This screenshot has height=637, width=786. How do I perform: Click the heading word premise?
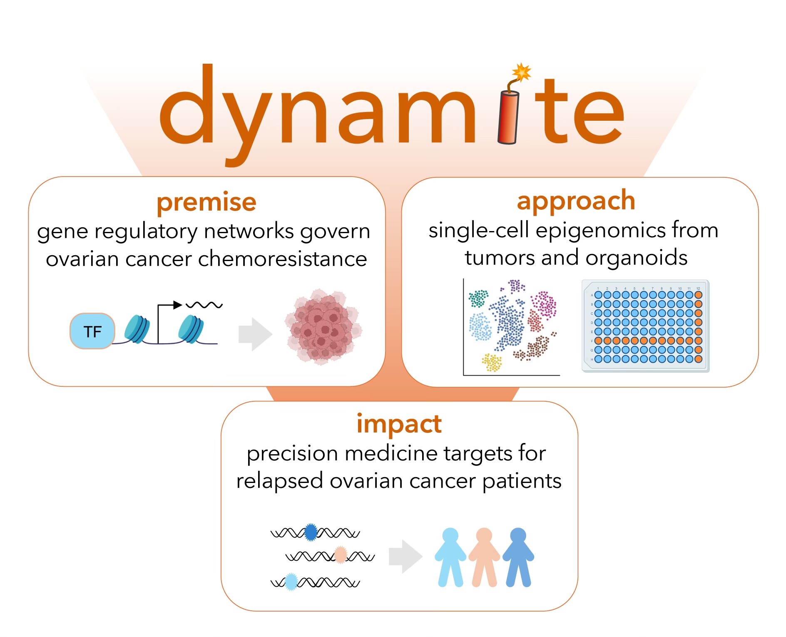206,202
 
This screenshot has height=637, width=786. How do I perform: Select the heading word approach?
576,201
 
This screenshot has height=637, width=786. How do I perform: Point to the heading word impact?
399,424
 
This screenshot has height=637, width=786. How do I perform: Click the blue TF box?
92,331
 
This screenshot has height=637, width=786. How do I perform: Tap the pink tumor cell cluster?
323,327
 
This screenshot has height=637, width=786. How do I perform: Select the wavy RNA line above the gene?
204,305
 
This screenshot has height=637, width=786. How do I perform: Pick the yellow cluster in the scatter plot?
492,362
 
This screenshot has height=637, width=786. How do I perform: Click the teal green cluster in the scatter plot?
478,298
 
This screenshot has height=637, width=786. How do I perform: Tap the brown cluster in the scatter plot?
537,348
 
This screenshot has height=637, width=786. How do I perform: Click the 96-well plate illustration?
645,326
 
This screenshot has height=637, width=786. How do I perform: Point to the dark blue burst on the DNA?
311,532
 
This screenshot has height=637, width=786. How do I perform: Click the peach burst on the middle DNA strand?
341,555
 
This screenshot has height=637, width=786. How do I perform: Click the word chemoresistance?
282,259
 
